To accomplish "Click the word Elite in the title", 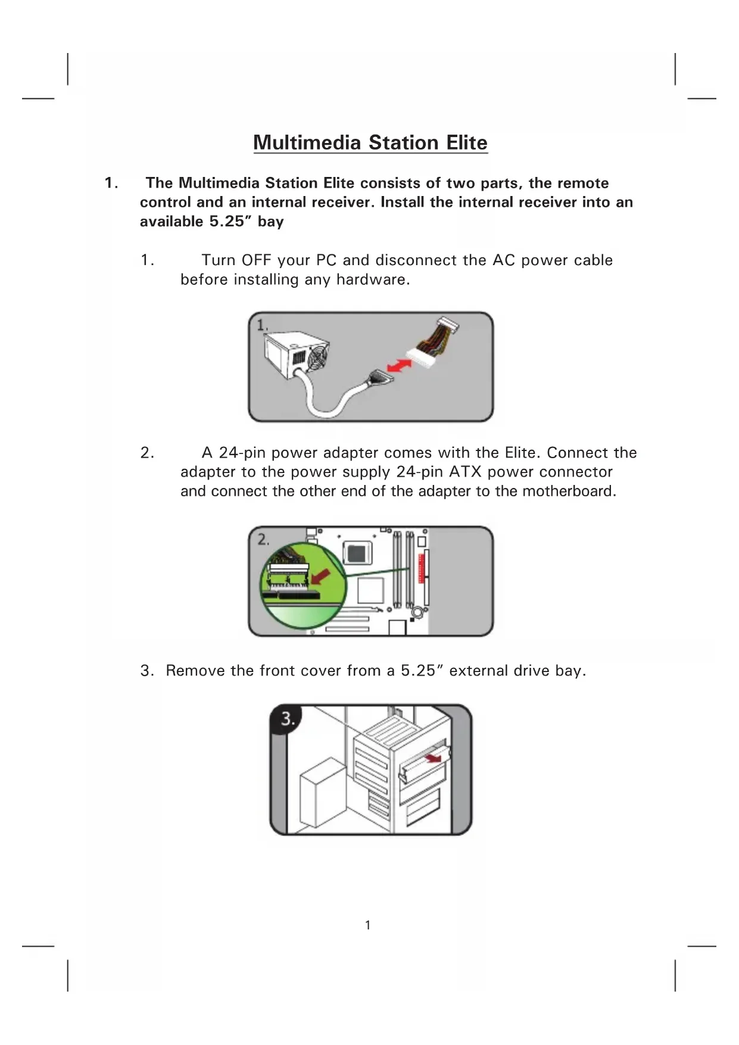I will click(x=467, y=143).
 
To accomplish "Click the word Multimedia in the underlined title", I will click(x=307, y=143).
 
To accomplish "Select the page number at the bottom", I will click(x=368, y=925).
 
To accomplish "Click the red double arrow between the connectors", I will click(x=399, y=365).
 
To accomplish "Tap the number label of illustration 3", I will click(x=288, y=719).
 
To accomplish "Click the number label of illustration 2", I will click(x=263, y=540).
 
